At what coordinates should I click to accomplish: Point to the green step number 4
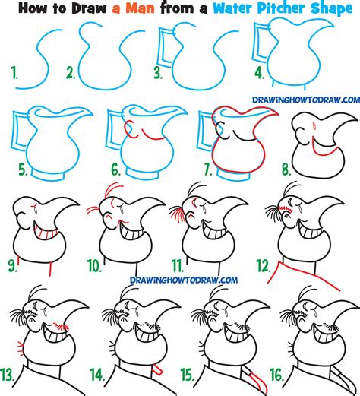(x=261, y=73)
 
